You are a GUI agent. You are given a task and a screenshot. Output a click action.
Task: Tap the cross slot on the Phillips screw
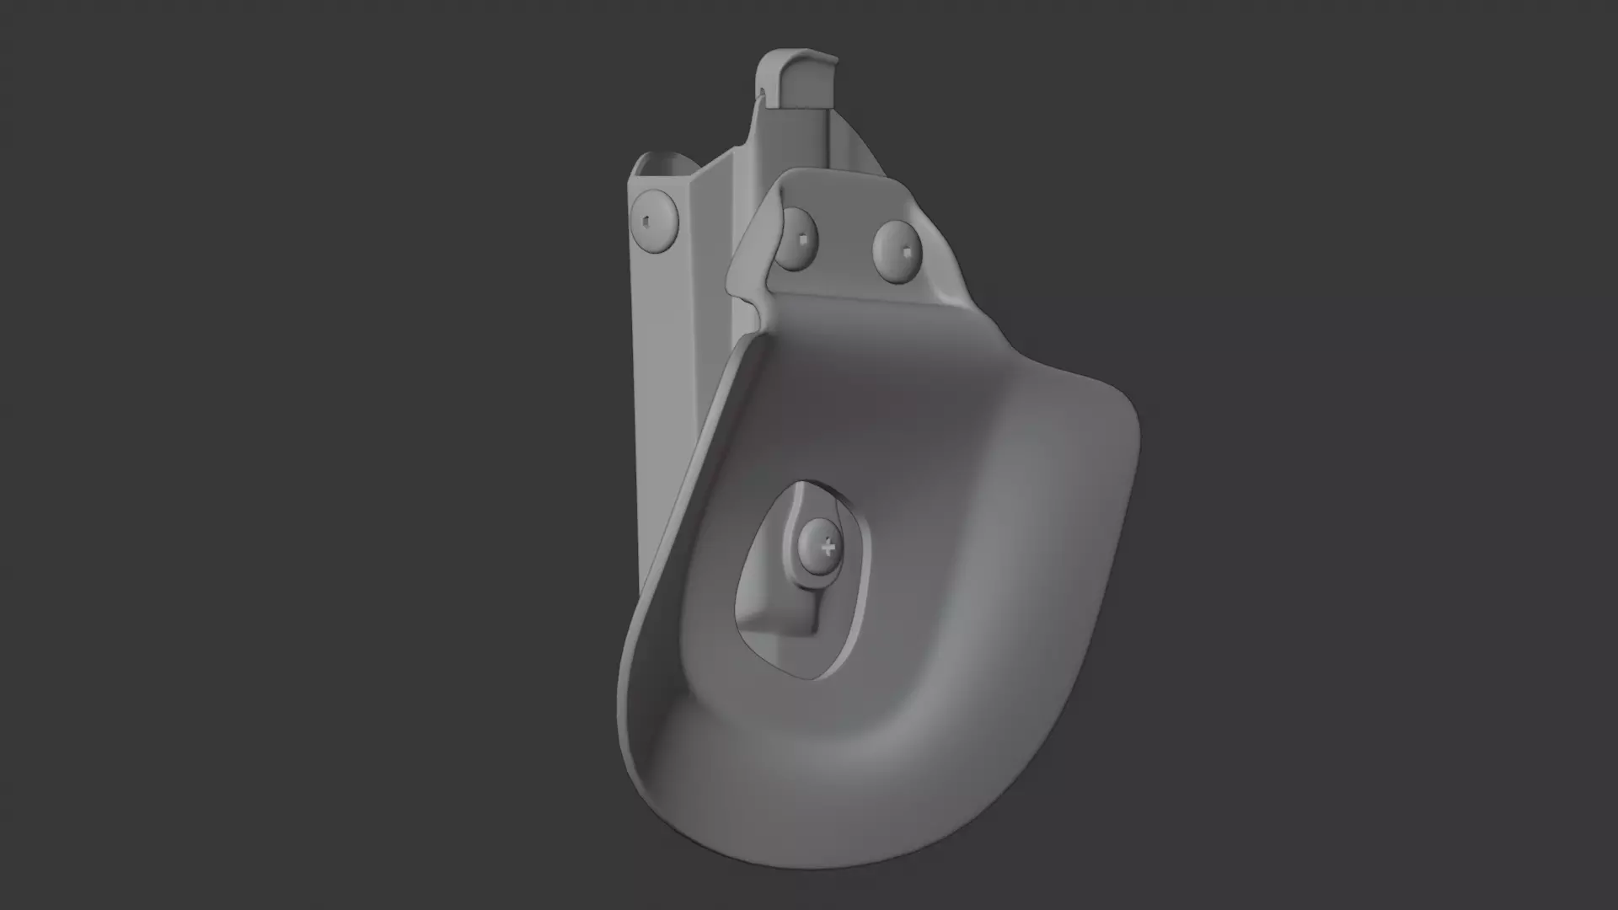[x=828, y=548]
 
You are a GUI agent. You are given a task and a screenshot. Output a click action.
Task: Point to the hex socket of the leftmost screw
[x=646, y=221]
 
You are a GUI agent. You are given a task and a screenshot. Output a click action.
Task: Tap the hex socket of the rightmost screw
[x=904, y=252]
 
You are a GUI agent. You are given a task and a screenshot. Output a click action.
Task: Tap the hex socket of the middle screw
[x=806, y=240]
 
